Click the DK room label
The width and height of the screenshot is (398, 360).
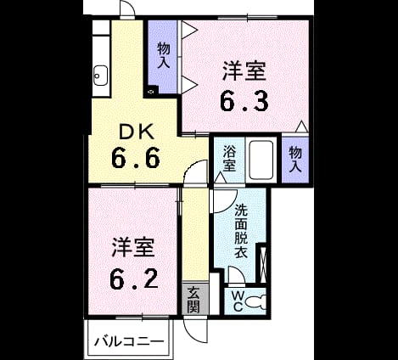click(x=137, y=132)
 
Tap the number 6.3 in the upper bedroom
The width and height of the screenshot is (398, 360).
click(x=244, y=102)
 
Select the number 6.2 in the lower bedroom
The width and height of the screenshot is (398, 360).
click(x=134, y=278)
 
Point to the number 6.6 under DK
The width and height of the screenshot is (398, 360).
click(x=136, y=158)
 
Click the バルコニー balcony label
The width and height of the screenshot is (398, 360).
click(x=129, y=341)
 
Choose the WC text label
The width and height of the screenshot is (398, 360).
click(x=238, y=301)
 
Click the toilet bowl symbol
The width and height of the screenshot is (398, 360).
click(x=256, y=301)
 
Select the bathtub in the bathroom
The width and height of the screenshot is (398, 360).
click(x=261, y=160)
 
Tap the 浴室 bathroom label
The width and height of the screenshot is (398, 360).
click(x=229, y=158)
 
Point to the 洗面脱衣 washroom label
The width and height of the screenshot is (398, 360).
click(x=241, y=231)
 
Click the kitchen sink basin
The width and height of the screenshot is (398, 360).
click(x=100, y=76)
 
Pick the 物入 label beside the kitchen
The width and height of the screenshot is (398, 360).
click(x=164, y=55)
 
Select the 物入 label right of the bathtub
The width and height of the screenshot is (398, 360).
click(x=295, y=160)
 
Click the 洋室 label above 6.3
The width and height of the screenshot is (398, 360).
click(x=244, y=71)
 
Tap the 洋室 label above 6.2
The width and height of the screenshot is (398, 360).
click(x=133, y=248)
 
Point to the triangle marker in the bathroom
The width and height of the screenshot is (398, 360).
click(x=220, y=177)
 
